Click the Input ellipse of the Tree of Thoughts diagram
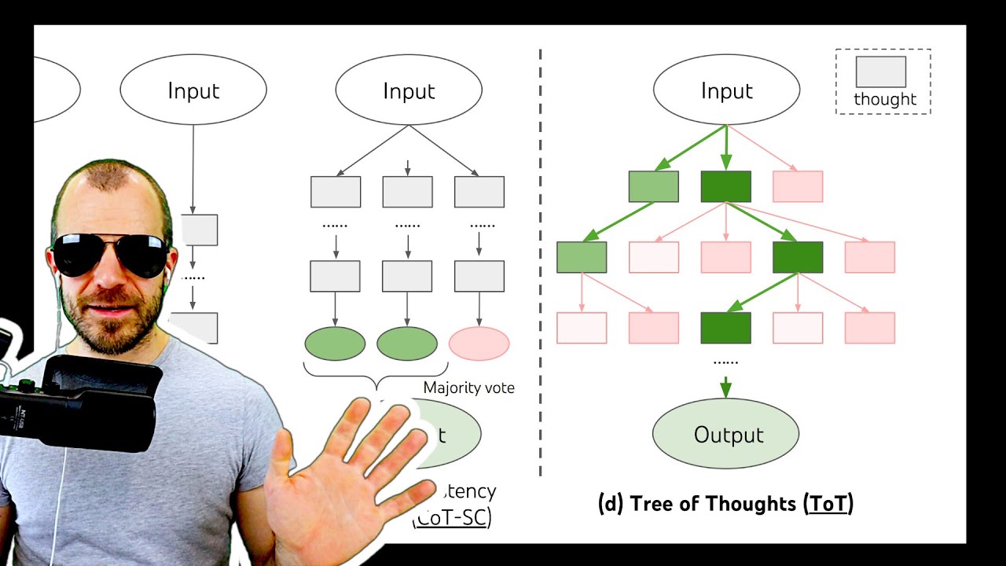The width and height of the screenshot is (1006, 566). point(726,90)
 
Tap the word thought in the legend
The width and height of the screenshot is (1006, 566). point(885,99)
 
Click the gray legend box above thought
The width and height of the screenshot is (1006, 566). point(881,72)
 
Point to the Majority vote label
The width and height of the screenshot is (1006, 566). point(469,388)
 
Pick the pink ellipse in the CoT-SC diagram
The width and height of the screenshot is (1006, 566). point(479,344)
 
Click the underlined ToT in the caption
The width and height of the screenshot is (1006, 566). point(828,503)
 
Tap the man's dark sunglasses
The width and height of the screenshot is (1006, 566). point(110,254)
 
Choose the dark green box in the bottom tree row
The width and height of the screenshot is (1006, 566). point(725,328)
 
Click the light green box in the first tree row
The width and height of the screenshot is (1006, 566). point(653,186)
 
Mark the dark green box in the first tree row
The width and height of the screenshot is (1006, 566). point(725,186)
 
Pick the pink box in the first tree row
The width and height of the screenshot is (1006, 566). point(798,186)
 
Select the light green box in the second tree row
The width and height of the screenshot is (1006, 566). point(582,257)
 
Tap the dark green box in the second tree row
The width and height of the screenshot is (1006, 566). point(798,257)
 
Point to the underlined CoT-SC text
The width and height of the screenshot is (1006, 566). point(453,519)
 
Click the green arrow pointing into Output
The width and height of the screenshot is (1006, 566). point(725,387)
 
